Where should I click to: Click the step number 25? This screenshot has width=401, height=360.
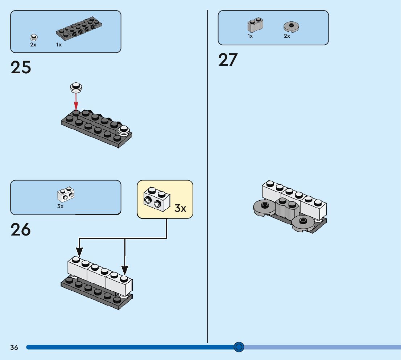[x=21, y=67]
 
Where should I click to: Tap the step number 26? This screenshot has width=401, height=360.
[x=21, y=229]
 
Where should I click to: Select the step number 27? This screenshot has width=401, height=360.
[x=228, y=60]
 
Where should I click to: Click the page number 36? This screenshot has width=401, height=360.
[x=14, y=347]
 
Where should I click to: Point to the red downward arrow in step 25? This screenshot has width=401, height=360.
[x=76, y=102]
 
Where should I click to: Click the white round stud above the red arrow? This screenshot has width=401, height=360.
[x=76, y=87]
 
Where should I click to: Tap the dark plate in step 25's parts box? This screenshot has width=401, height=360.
[x=79, y=28]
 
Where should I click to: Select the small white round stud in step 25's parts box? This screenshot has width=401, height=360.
[x=34, y=37]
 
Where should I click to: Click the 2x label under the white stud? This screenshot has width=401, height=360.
[x=33, y=45]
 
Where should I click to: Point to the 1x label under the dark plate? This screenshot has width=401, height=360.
[x=59, y=45]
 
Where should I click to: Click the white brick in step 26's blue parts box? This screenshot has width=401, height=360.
[x=66, y=195]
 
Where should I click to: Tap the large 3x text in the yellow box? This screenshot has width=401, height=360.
[x=180, y=208]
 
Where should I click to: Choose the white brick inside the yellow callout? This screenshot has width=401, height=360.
[x=157, y=199]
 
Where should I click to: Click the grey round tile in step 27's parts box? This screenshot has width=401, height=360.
[x=291, y=26]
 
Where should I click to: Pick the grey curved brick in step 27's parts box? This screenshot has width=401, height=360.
[x=255, y=25]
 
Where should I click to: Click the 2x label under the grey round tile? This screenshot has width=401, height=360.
[x=287, y=36]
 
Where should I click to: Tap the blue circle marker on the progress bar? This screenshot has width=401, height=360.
[x=239, y=347]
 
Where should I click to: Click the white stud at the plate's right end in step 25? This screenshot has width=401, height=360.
[x=124, y=130]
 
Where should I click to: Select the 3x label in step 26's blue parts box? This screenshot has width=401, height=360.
[x=60, y=206]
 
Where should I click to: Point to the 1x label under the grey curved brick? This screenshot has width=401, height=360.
[x=250, y=36]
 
